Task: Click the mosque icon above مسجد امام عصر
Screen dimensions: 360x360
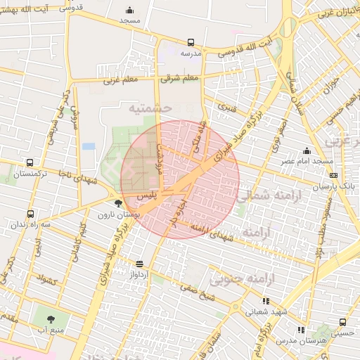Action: point(307,150)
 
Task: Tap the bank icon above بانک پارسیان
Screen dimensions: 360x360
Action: point(333,176)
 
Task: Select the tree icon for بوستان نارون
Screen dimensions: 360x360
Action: point(117,203)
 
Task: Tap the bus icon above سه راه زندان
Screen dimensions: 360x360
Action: point(30,214)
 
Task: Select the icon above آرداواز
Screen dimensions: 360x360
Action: point(139,264)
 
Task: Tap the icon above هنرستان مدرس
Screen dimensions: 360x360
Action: point(301,329)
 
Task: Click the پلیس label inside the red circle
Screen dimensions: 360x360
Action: point(145,193)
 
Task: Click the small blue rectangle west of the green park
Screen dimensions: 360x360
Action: point(89,146)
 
